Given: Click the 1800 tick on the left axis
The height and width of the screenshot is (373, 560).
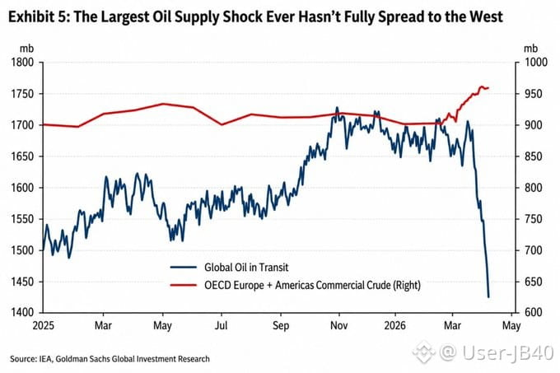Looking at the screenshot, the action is [22, 63].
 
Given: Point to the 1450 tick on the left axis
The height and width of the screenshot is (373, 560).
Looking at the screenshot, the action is [22, 282].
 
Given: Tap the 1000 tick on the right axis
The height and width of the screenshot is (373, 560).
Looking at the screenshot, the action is [536, 63].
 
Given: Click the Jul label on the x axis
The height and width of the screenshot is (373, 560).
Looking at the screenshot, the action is [222, 325].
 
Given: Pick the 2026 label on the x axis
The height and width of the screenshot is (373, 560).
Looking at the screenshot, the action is [395, 325].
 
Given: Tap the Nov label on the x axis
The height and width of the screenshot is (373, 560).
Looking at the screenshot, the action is [338, 325].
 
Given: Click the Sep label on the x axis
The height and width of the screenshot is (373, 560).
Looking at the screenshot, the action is [281, 325].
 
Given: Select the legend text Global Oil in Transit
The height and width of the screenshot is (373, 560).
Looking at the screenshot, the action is [246, 268].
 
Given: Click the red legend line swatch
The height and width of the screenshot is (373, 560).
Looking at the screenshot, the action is [183, 285].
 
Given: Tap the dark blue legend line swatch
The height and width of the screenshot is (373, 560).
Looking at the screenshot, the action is [183, 268].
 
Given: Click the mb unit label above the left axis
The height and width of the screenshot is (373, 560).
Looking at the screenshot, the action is [27, 49].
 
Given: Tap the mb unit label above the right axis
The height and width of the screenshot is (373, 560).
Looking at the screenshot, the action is [531, 49].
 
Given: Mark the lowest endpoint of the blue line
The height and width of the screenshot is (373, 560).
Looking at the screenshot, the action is [488, 297].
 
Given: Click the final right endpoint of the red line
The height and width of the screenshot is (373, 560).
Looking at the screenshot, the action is [488, 88].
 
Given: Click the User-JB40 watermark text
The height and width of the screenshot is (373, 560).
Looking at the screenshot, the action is [508, 352].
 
